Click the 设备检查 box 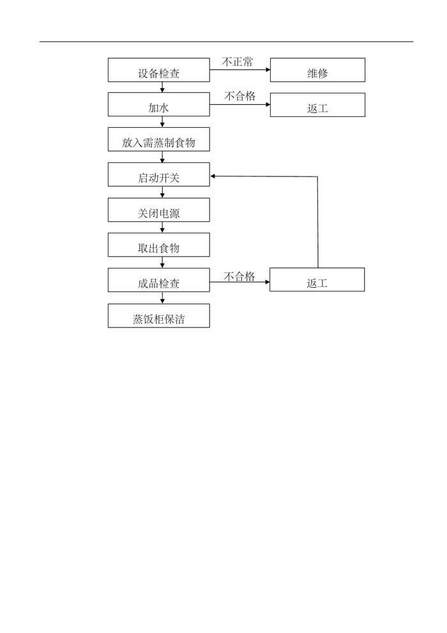(x=158, y=70)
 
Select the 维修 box (x=317, y=70)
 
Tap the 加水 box (x=158, y=105)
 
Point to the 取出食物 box (x=158, y=245)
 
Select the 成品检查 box (x=158, y=280)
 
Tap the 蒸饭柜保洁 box (x=158, y=316)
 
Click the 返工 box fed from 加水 (x=317, y=105)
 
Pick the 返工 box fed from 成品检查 (x=317, y=280)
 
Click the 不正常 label (x=237, y=62)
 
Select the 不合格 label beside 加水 (x=239, y=97)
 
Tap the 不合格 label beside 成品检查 (x=239, y=277)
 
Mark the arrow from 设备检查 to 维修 (x=239, y=70)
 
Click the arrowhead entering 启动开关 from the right (x=214, y=175)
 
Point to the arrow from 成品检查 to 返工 (x=239, y=281)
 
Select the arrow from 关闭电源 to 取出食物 (x=162, y=228)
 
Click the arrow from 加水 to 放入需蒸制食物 (x=162, y=123)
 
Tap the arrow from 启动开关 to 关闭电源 (x=162, y=192)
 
